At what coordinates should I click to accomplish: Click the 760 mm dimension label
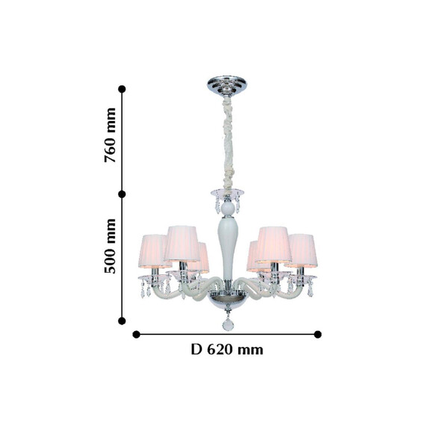point(110,135)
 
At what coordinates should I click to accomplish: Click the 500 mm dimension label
point(110,246)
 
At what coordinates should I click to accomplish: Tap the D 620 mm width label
point(227,349)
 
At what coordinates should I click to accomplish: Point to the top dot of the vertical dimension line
point(122,89)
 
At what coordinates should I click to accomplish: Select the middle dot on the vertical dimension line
point(122,194)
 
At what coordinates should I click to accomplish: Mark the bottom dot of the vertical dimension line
point(122,321)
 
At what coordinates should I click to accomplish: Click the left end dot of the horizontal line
point(136,334)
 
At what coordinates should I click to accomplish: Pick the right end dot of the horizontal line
point(318,334)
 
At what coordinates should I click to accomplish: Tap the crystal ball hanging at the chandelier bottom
point(227,324)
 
